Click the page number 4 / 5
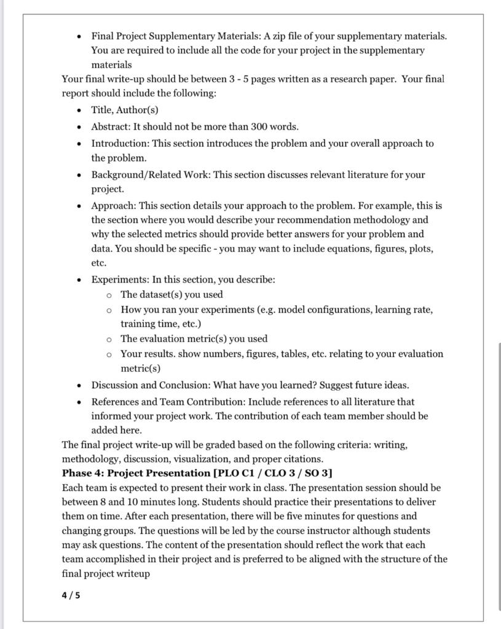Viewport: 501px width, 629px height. (71, 595)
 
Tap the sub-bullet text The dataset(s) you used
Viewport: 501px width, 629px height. (172, 294)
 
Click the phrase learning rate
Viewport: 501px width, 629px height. (404, 309)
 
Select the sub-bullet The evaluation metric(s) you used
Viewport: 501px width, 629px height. (194, 338)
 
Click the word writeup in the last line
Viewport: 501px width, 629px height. (132, 574)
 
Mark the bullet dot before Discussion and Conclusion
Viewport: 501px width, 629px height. (79, 386)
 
